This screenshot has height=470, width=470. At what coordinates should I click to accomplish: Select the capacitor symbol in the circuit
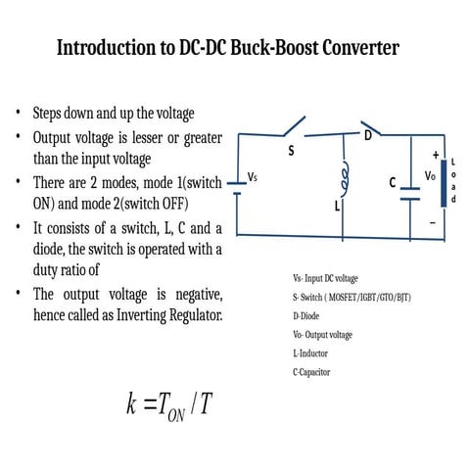coord(410,193)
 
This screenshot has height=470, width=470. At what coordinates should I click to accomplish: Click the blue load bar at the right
coord(444,182)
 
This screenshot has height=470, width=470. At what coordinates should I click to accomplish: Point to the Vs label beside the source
coord(253,177)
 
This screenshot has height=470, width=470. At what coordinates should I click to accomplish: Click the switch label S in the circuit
coord(290,151)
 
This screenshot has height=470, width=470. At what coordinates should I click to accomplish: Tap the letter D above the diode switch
coord(368,134)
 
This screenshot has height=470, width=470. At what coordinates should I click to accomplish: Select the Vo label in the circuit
coord(429,178)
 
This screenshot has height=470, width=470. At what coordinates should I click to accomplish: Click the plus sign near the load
coord(435,155)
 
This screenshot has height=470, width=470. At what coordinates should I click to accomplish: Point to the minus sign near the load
coord(432,222)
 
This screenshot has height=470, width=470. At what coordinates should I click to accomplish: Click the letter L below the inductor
coord(337,208)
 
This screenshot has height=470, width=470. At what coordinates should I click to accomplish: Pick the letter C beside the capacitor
coord(392,182)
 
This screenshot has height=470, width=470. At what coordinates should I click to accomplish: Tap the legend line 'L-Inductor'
coord(309,352)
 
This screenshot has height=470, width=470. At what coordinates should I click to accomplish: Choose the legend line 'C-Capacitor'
coord(311,372)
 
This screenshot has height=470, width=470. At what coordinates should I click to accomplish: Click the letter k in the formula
coord(131,403)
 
